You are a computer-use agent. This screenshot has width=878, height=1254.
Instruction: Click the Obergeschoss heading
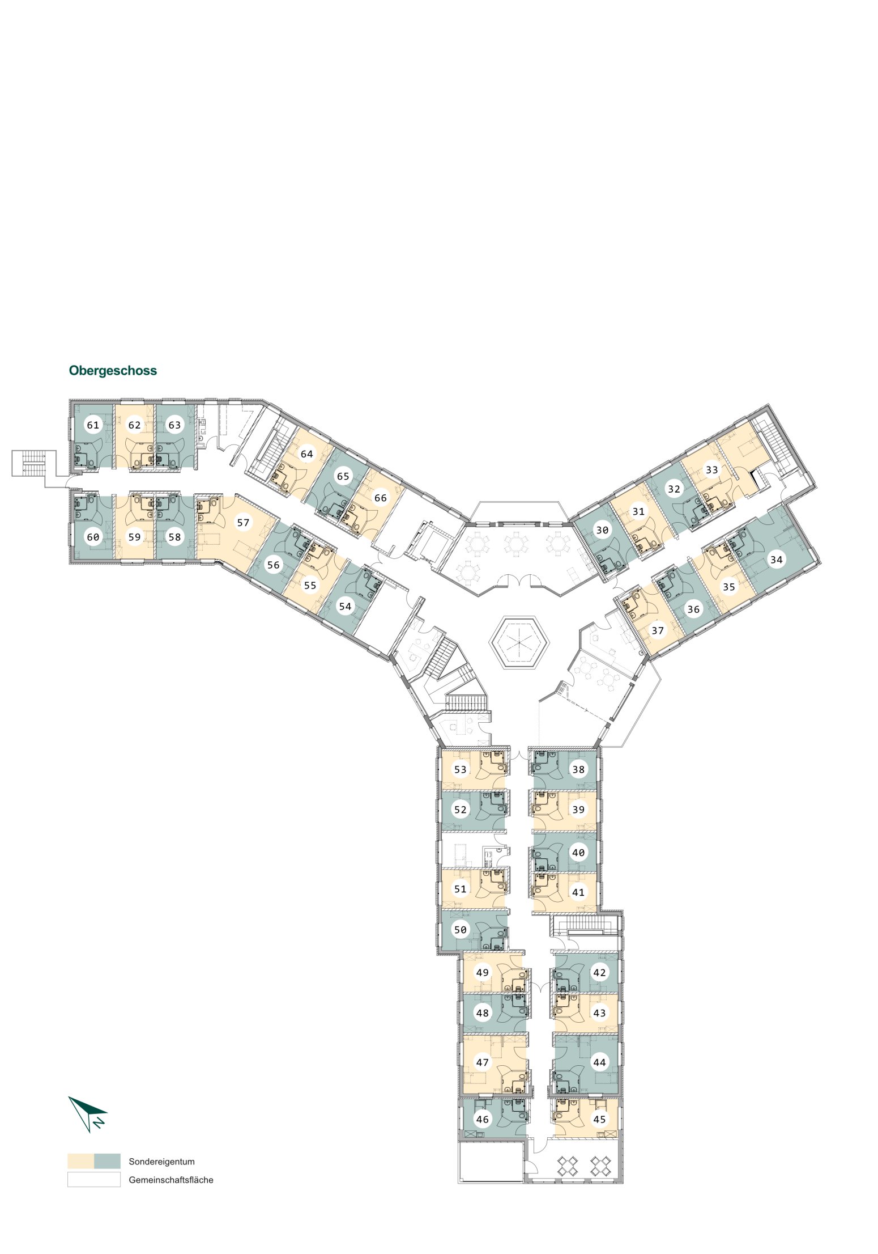[x=113, y=370]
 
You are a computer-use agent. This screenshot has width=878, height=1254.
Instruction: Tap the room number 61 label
[x=93, y=425]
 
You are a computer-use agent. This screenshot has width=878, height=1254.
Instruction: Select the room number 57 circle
[x=243, y=522]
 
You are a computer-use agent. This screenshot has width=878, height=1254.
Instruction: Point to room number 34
[x=776, y=560]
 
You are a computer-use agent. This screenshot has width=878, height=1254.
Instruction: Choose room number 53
[x=460, y=769]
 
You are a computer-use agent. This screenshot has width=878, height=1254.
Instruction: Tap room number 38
[x=578, y=769]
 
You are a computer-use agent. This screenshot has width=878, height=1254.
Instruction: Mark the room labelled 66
[x=380, y=498]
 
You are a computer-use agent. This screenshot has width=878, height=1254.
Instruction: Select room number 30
[x=602, y=529]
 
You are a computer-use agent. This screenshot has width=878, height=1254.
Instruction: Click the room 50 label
[x=460, y=930]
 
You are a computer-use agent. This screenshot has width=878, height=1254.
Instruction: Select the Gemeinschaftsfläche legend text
[x=171, y=1180]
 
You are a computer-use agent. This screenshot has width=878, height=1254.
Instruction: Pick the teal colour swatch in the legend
[x=107, y=1161]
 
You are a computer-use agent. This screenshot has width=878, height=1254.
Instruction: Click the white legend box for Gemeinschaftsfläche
[x=94, y=1179]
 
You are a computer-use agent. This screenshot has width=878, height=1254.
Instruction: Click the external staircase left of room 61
[x=33, y=463]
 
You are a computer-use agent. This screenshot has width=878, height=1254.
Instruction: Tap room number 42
[x=599, y=972]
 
